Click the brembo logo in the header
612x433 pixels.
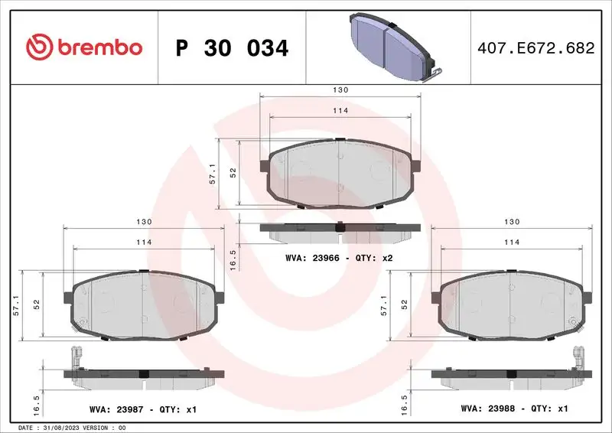[84, 47]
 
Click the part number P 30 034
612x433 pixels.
[232, 48]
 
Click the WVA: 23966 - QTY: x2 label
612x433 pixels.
[339, 259]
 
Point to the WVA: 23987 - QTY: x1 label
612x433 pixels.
[143, 410]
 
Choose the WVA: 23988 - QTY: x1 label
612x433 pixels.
[514, 410]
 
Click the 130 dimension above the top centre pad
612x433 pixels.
[340, 90]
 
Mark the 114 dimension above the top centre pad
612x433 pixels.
[340, 111]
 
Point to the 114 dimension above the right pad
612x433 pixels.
[512, 242]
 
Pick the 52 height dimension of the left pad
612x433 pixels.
[37, 304]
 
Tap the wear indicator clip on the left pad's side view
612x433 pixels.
[75, 357]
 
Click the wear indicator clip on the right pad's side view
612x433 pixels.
[579, 357]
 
